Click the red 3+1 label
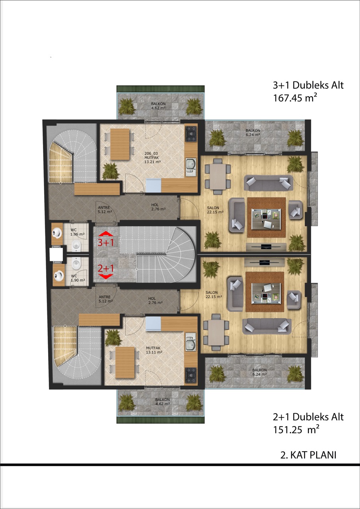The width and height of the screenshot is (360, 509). coord(106,243)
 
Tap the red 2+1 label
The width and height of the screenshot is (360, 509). coord(106,269)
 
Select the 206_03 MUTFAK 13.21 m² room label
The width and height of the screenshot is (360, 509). coord(152,157)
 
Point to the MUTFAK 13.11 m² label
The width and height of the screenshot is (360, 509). coord(154,350)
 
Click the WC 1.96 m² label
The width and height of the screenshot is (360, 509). coord(77,232)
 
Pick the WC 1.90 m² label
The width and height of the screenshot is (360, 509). coord(78,278)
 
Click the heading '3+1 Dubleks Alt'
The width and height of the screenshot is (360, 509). coord(308,85)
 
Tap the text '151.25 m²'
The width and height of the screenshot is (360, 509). coord(296,429)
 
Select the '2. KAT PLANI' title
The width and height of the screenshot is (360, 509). coord(308,455)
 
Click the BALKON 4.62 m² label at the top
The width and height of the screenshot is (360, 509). coord(158,106)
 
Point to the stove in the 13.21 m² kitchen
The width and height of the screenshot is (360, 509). coord(191,134)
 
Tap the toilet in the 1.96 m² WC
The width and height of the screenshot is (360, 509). coord(76,246)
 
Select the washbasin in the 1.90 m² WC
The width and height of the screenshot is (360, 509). coord(57,275)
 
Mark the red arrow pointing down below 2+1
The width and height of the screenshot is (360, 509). coord(106,276)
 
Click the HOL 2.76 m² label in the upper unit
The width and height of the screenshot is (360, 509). coord(158,207)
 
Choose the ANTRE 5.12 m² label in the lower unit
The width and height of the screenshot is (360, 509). coord(105,299)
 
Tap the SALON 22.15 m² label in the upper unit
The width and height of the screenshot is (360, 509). coord(215,210)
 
